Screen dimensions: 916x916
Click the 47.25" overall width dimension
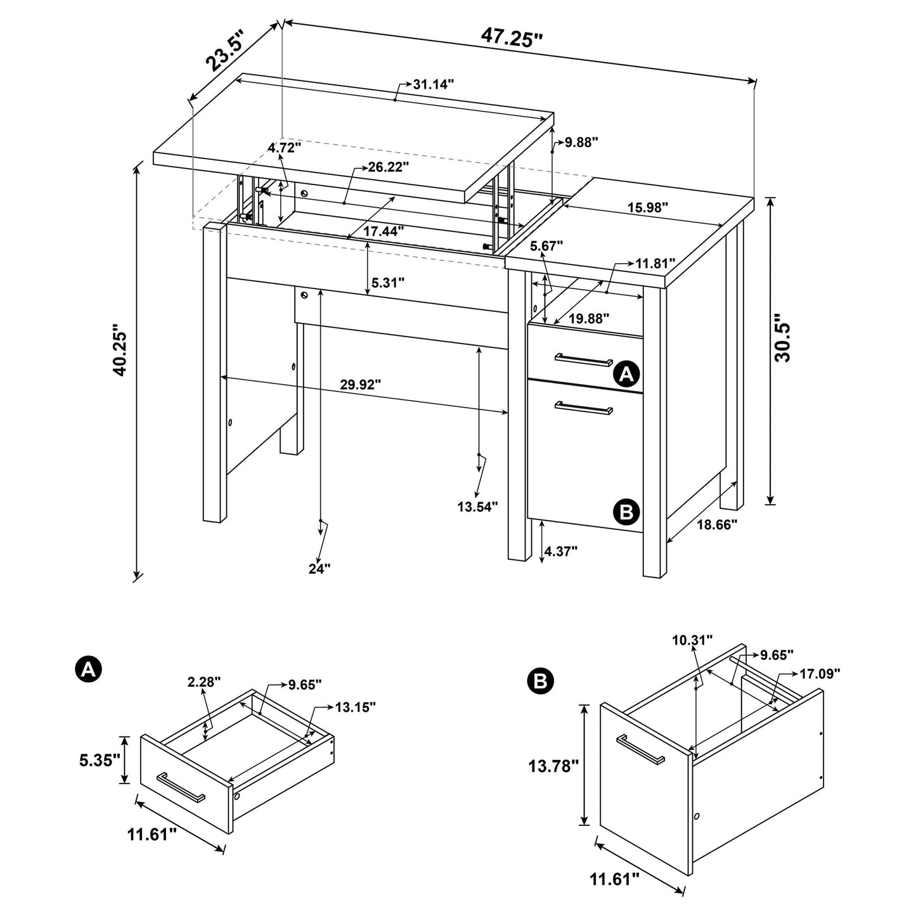pos(512,36)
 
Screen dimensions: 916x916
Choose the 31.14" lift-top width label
pos(433,84)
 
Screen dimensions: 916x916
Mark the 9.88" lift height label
pos(582,142)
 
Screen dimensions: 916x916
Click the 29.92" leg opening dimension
pos(360,384)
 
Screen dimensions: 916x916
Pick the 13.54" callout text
pos(477,506)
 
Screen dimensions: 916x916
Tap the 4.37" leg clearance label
pos(560,552)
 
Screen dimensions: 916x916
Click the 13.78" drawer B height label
pos(553,766)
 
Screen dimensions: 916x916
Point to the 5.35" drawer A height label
pos(100,759)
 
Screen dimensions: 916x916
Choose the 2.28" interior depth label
pos(203,682)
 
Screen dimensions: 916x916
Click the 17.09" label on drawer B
pos(819,673)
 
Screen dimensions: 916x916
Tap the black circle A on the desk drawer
pos(626,375)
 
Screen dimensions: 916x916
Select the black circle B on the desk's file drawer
pos(626,511)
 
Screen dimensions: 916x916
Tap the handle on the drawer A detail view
pos(180,788)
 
